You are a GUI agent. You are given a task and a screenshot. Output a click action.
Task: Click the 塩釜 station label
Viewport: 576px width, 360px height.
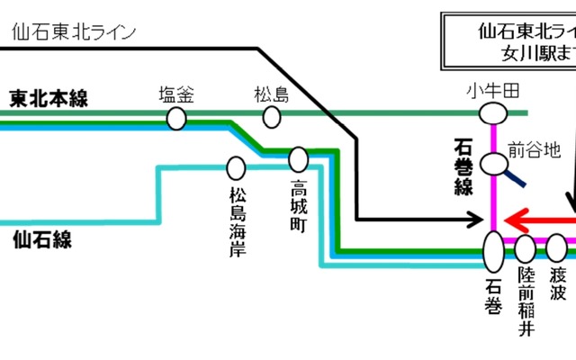[176, 93]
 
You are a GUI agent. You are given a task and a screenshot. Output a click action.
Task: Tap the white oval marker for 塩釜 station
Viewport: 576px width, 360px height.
[176, 117]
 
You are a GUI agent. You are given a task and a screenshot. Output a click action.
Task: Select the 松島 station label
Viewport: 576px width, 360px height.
[272, 93]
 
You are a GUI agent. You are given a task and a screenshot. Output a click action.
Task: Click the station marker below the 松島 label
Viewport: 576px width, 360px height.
[271, 117]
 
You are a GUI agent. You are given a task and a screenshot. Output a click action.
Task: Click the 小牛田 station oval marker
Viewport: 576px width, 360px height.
[492, 112]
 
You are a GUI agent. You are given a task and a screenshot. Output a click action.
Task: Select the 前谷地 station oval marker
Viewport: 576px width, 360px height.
[493, 164]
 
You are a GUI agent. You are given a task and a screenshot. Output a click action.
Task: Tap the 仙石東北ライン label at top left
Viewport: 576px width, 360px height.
[75, 32]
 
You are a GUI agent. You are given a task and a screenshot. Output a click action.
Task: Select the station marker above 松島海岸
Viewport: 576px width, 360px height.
[237, 167]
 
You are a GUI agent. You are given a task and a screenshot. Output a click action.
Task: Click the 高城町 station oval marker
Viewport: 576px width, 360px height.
[299, 161]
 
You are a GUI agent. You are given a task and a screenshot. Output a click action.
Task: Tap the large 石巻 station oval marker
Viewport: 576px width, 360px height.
[494, 251]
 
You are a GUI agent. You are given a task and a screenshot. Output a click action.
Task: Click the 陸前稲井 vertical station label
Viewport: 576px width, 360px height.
[526, 301]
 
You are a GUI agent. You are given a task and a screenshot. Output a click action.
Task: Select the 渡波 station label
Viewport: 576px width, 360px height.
[558, 285]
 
